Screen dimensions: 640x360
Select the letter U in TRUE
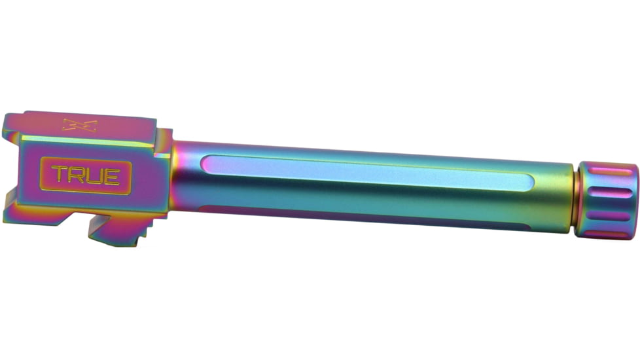tap(96, 176)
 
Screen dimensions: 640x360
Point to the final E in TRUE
tap(112, 176)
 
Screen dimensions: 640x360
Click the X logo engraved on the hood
tap(80, 125)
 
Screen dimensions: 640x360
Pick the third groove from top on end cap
tap(608, 215)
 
